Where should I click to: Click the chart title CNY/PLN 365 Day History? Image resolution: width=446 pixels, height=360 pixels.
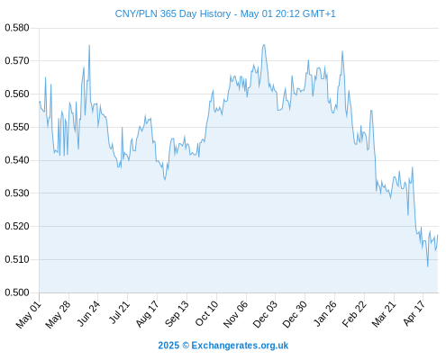click(173, 13)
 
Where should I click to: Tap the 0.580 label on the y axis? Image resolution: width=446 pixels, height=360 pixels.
click(17, 28)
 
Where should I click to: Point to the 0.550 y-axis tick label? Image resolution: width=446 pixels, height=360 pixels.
click(17, 127)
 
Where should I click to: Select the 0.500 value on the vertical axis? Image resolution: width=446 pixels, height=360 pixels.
click(17, 292)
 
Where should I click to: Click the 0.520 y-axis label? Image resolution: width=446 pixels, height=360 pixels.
click(17, 226)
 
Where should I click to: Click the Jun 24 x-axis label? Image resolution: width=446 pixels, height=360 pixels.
click(88, 313)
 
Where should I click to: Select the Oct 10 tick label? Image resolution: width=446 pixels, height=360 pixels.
click(206, 313)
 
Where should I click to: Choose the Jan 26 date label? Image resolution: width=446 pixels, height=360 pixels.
click(324, 313)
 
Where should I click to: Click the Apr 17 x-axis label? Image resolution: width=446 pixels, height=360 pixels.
click(414, 313)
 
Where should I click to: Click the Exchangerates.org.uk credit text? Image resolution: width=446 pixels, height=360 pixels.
click(240, 346)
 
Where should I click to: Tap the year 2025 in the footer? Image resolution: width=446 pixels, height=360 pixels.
click(168, 346)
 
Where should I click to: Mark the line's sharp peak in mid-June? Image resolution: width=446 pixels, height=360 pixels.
click(89, 45)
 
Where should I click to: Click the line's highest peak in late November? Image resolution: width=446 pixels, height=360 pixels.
click(264, 45)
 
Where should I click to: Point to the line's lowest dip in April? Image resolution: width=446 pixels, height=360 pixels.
click(428, 266)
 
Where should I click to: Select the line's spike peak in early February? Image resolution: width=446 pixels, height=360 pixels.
click(342, 51)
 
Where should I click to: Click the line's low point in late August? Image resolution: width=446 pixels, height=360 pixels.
click(165, 180)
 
